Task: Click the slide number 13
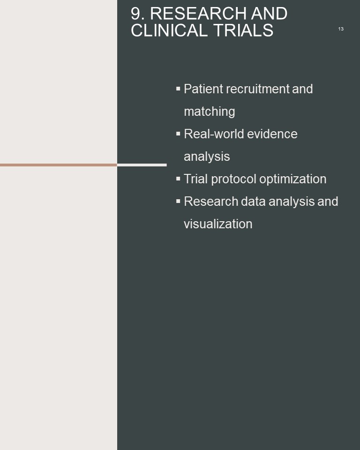[x=341, y=29]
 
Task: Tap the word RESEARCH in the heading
[x=198, y=13]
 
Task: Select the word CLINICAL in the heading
[x=169, y=30]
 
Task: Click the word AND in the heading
[x=269, y=13]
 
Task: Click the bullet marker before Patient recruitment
[x=178, y=89]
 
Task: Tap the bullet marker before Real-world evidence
[x=178, y=134]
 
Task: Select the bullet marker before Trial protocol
[x=178, y=179]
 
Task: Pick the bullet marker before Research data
[x=178, y=201]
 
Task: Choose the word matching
[x=209, y=112]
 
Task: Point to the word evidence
[x=272, y=134]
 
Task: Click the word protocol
[x=234, y=179]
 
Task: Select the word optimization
[x=293, y=179]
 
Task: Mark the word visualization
[x=218, y=224]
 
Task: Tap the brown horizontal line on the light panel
[x=59, y=165]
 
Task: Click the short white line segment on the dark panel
[x=142, y=165]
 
